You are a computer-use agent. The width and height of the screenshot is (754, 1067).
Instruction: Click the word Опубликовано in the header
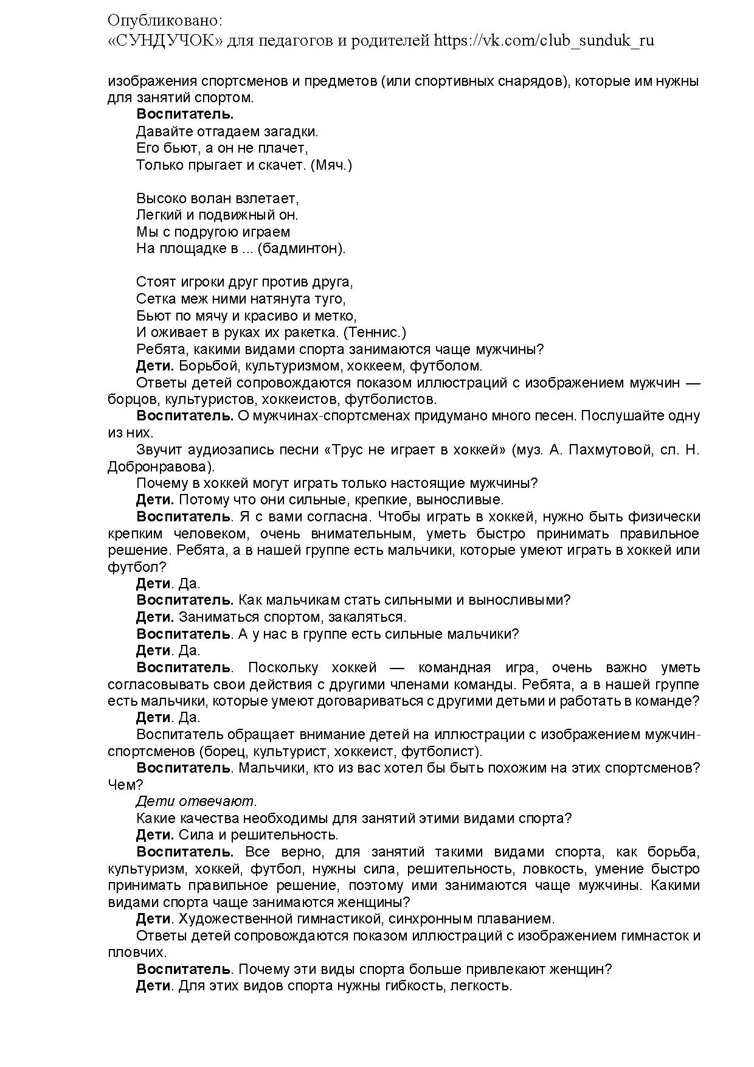point(165,20)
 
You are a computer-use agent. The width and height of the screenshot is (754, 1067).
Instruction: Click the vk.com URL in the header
point(544,41)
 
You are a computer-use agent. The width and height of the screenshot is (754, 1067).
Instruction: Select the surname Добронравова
point(159,467)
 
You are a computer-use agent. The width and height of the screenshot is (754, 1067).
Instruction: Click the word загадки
point(289,131)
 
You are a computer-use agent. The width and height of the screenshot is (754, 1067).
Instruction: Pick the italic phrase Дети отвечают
point(196,801)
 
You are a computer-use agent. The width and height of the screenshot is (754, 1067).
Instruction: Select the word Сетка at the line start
point(156,299)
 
